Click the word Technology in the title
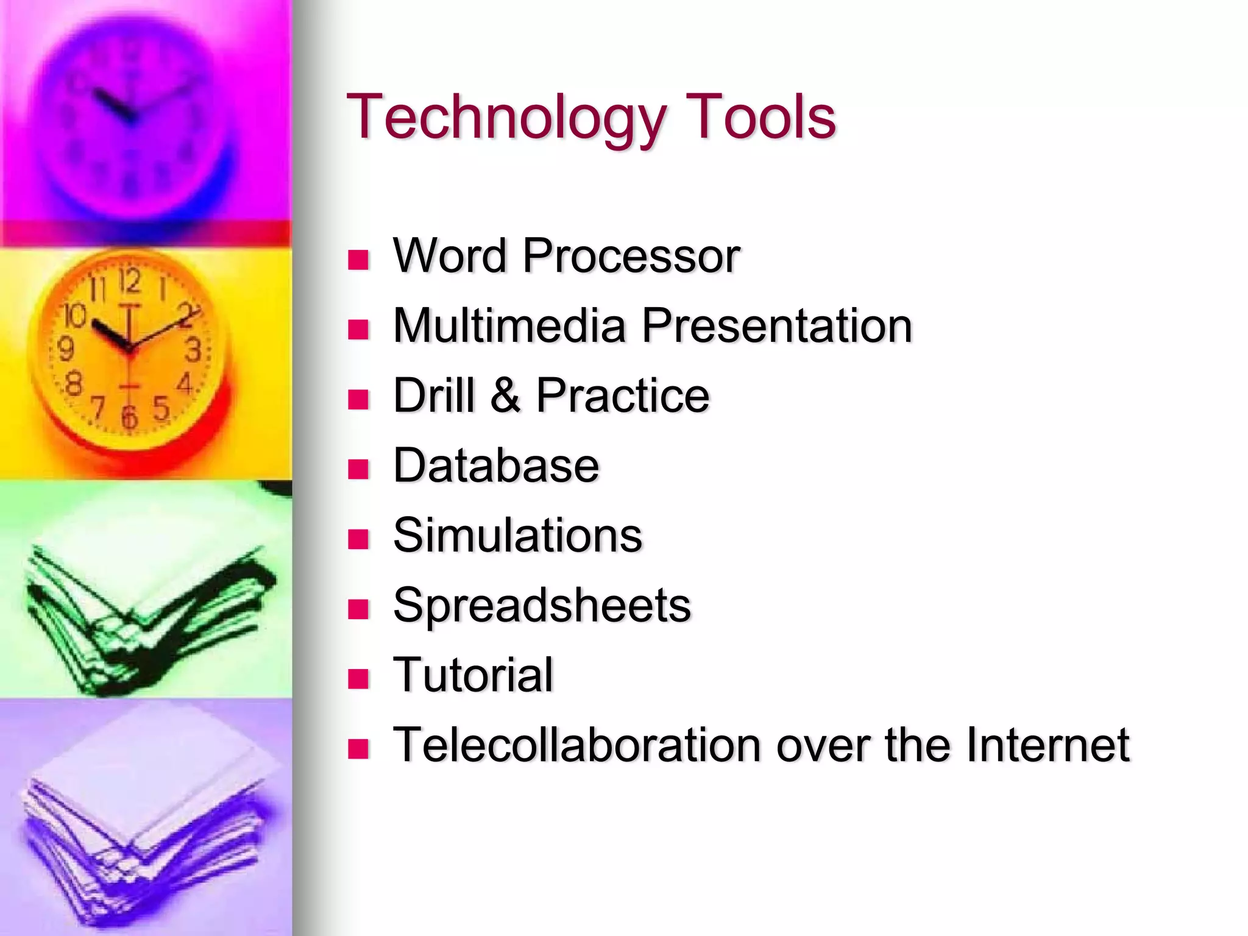coord(506,118)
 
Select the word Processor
coord(631,256)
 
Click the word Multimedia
coord(509,325)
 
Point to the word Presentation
coord(776,325)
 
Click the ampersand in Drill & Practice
coord(505,395)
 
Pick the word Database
coord(496,466)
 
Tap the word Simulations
coord(517,535)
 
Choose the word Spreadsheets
coord(542,606)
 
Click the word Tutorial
coord(473,675)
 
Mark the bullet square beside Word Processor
coord(358,260)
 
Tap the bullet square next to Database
coord(358,469)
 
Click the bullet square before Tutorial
coord(358,679)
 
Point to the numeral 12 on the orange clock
coord(129,282)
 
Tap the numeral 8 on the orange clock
coord(73,384)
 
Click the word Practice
coord(622,395)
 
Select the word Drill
coord(433,395)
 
